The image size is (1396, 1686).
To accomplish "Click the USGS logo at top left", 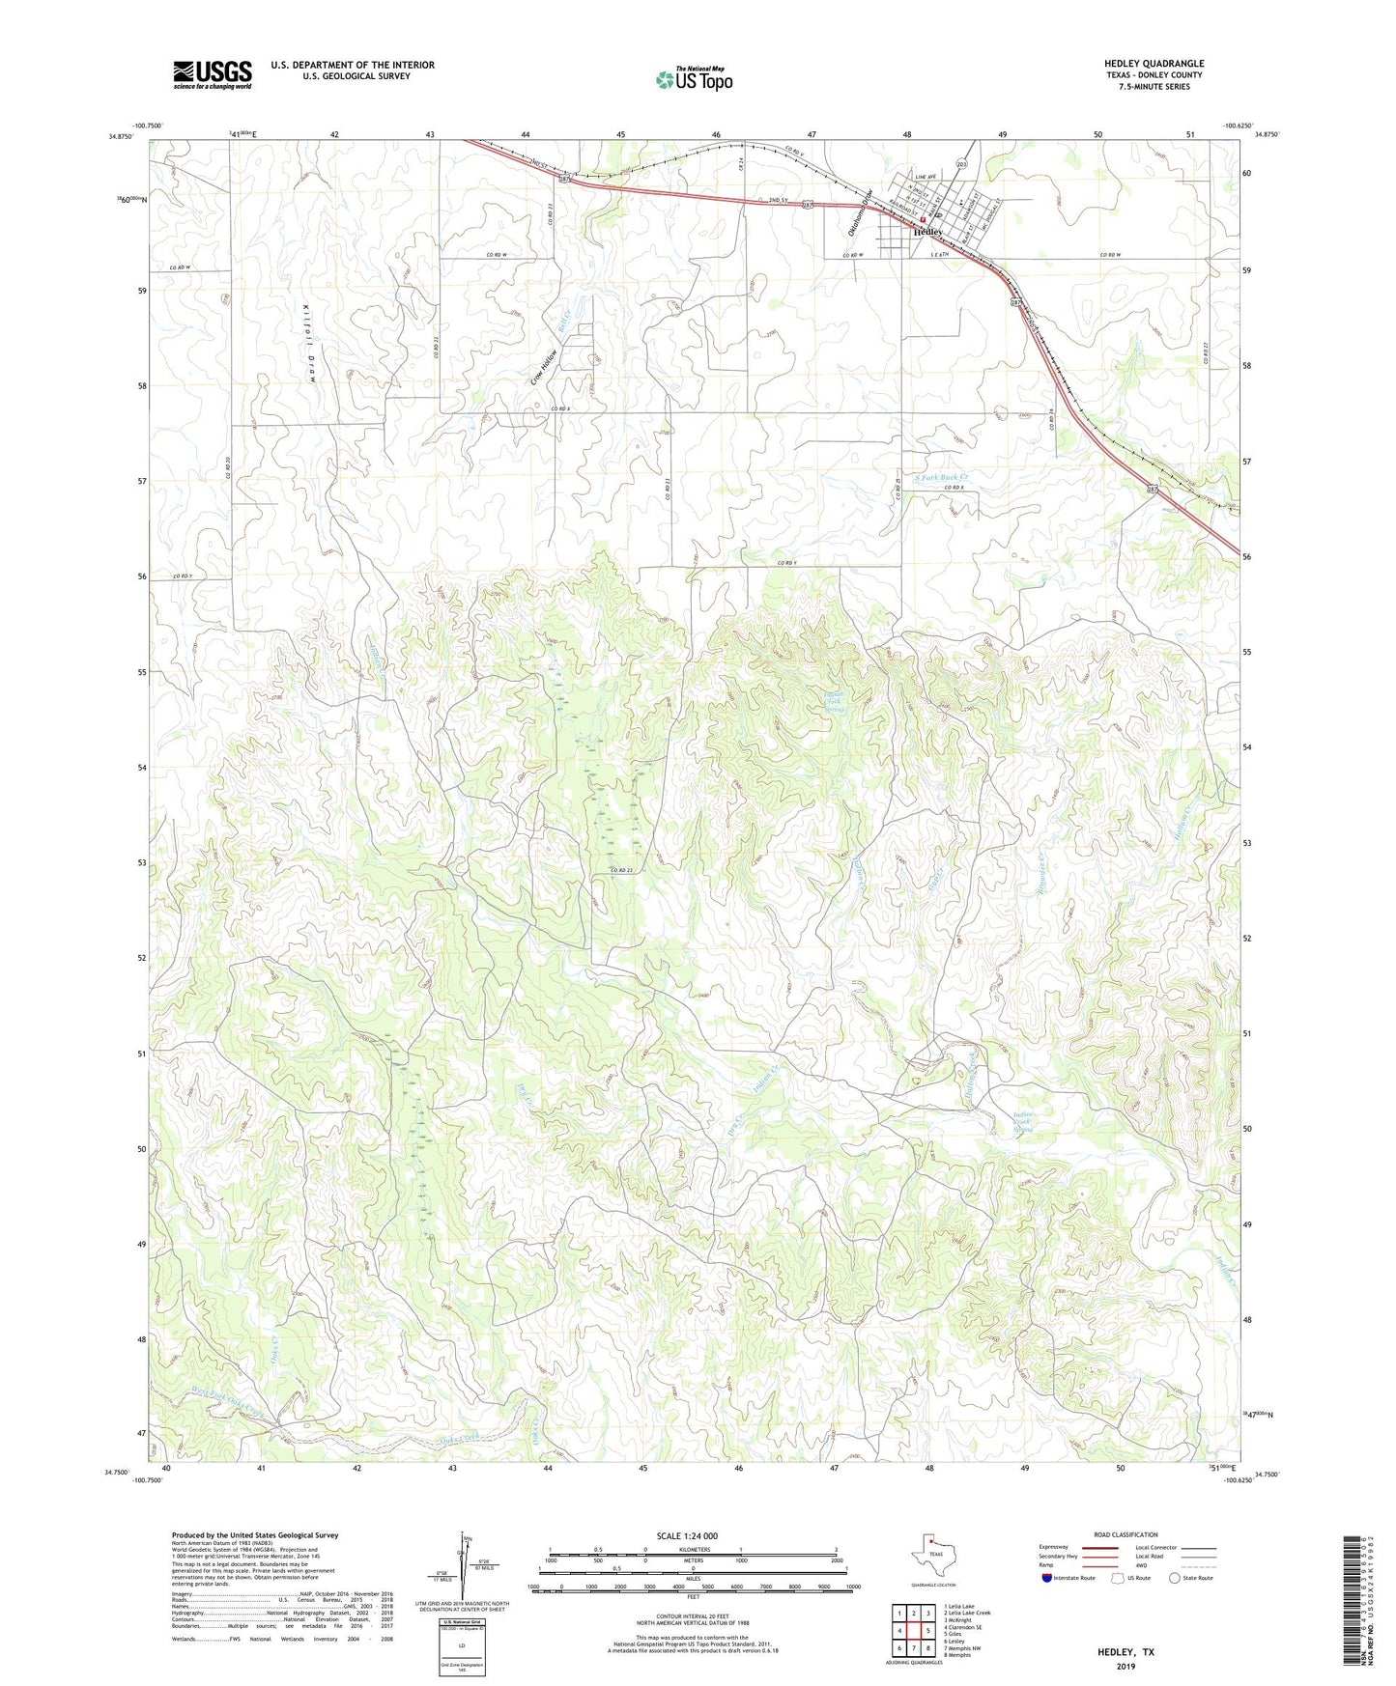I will coord(213,74).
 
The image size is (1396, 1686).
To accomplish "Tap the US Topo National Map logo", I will coord(693,79).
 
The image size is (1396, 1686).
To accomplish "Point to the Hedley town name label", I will coord(927,233).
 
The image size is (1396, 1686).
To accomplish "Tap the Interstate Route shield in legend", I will coord(1048,1578).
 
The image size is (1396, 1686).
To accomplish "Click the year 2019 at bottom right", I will coord(1125,1666).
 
